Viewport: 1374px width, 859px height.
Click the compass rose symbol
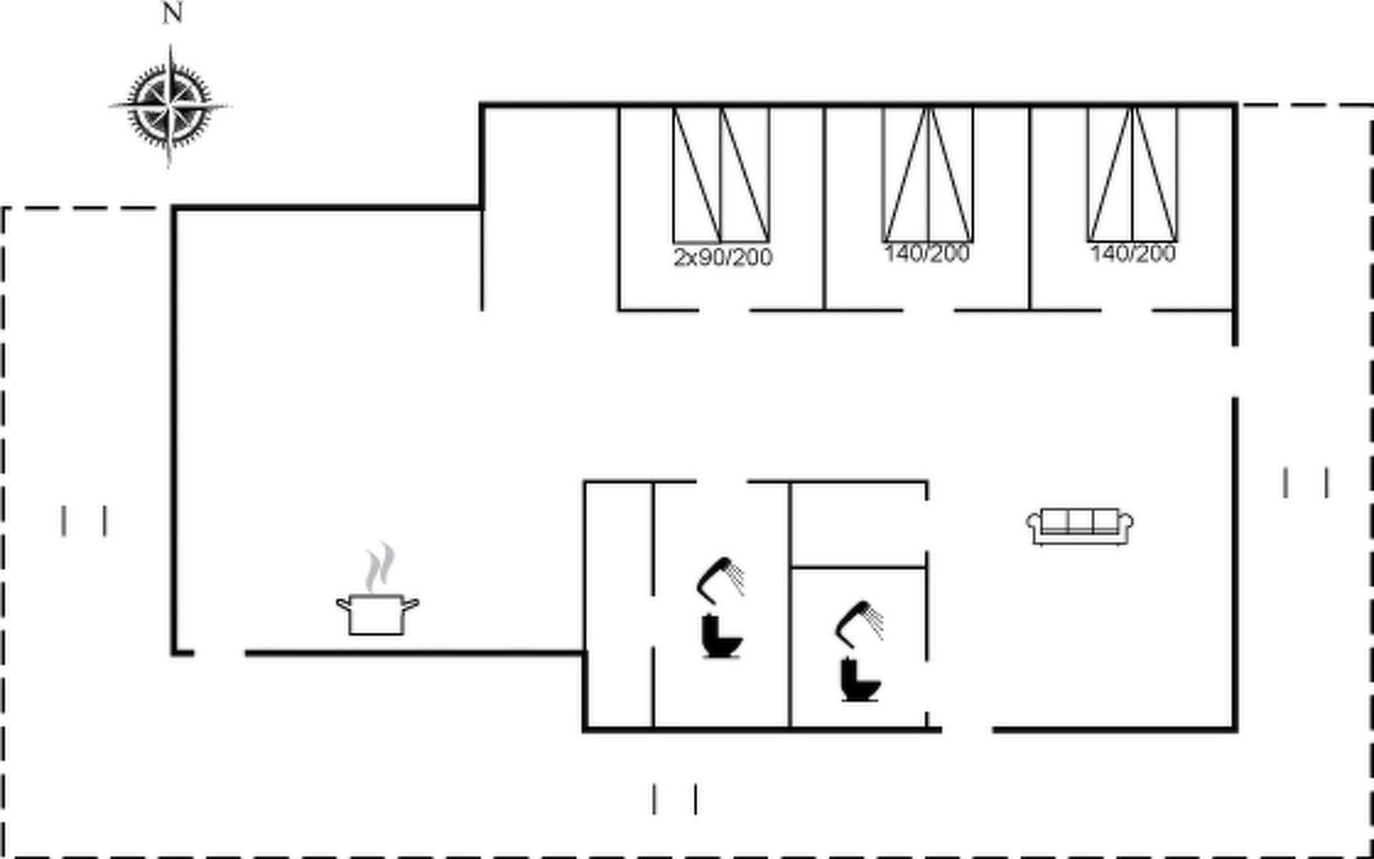(170, 106)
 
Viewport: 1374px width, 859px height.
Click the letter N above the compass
(172, 13)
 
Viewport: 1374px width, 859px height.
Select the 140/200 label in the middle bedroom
(927, 253)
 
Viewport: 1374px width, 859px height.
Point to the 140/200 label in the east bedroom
(1133, 253)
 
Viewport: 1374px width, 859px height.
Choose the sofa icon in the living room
(1080, 527)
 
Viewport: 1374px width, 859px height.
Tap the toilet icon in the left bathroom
(721, 636)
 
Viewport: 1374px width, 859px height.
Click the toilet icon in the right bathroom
(859, 679)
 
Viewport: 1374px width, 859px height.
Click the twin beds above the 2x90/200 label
(721, 175)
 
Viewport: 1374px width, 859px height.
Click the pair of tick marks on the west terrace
(84, 520)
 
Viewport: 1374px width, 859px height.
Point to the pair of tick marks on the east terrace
(1306, 482)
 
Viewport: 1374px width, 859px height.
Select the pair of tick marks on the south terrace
(674, 799)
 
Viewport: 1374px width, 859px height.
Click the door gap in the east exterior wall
(1234, 371)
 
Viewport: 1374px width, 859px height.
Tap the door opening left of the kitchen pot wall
(219, 652)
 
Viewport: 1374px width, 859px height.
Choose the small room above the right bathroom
(858, 524)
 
